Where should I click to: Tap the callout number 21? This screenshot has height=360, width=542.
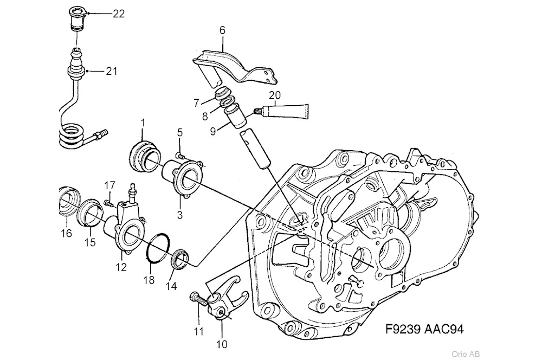click(111, 71)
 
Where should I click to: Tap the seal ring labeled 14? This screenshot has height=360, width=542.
click(180, 259)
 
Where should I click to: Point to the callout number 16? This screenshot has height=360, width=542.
click(66, 234)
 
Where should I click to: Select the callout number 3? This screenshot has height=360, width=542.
click(179, 215)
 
